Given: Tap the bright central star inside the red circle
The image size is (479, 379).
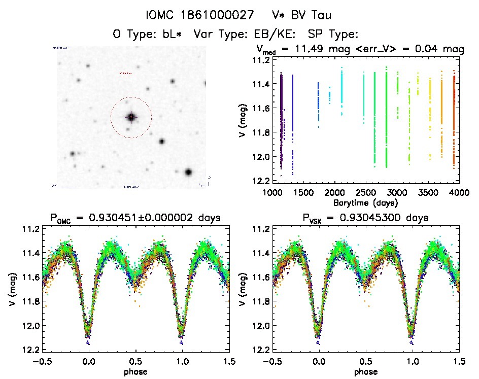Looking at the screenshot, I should (x=131, y=117).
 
